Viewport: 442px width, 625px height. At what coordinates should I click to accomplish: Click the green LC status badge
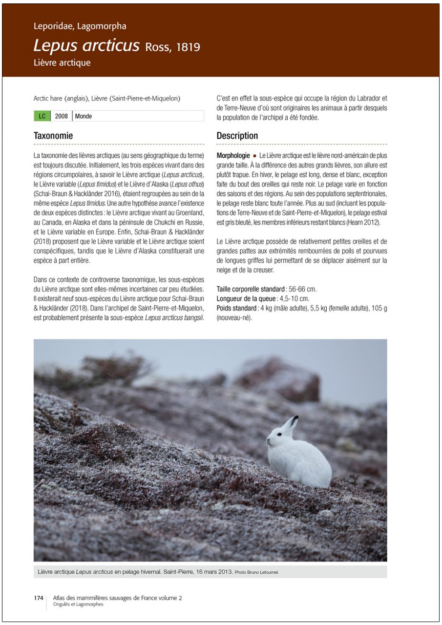click(x=42, y=116)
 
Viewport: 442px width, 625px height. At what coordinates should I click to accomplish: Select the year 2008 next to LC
click(x=61, y=116)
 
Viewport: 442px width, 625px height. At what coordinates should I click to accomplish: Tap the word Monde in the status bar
click(x=84, y=116)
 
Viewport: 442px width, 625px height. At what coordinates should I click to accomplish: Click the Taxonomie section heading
click(x=53, y=136)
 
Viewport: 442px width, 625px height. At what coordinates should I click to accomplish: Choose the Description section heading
click(x=237, y=136)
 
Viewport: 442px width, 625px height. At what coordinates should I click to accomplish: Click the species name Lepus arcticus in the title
click(x=86, y=45)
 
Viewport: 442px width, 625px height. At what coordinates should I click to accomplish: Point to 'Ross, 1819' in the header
click(x=172, y=47)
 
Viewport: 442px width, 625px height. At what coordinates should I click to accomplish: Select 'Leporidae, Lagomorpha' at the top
click(x=80, y=26)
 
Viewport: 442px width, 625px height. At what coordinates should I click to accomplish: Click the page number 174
click(x=39, y=598)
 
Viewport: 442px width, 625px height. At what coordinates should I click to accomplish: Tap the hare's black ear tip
click(x=295, y=419)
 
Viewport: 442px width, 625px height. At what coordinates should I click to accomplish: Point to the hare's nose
click(x=268, y=441)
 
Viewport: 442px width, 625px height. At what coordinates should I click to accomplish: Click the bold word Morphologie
click(x=233, y=155)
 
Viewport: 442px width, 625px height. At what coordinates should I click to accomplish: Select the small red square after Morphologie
click(x=255, y=155)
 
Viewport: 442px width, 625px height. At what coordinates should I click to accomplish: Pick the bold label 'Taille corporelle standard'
click(x=251, y=289)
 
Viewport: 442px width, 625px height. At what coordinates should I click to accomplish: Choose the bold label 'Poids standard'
click(x=237, y=308)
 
